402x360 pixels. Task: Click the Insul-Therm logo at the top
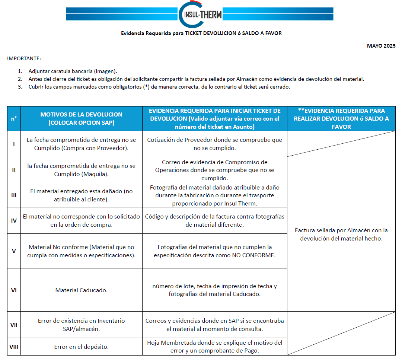[200, 15]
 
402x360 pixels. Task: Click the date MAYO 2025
[381, 46]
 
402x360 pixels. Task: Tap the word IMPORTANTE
[24, 58]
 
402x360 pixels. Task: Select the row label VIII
[14, 347]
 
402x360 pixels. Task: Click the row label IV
[14, 220]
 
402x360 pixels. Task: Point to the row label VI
[14, 290]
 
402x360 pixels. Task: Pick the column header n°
[14, 118]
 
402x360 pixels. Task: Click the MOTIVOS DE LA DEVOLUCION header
[81, 118]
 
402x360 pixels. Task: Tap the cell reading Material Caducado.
[81, 290]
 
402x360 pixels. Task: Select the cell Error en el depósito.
[81, 347]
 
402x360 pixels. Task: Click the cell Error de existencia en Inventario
[81, 324]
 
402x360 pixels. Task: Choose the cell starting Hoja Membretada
[214, 347]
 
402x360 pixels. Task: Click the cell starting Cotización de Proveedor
[214, 144]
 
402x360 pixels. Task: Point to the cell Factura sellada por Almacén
[341, 234]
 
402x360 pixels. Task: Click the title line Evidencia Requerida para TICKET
[201, 33]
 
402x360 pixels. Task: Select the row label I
[14, 144]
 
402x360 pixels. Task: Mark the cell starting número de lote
[214, 290]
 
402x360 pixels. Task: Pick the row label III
[14, 195]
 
